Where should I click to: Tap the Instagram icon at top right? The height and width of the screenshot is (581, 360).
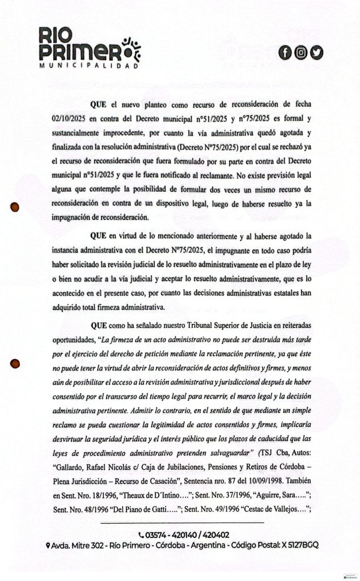301,53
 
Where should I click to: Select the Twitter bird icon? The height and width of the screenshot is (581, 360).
316,53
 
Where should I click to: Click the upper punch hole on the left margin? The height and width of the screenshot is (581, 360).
16,207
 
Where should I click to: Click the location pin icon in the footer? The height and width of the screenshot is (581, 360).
49,545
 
